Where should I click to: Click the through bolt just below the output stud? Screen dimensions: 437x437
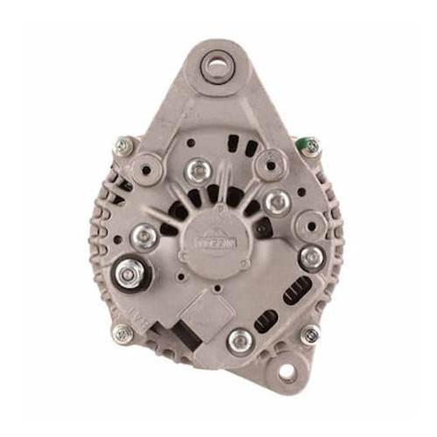(120, 332)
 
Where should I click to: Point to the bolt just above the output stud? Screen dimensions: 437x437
(144, 234)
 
